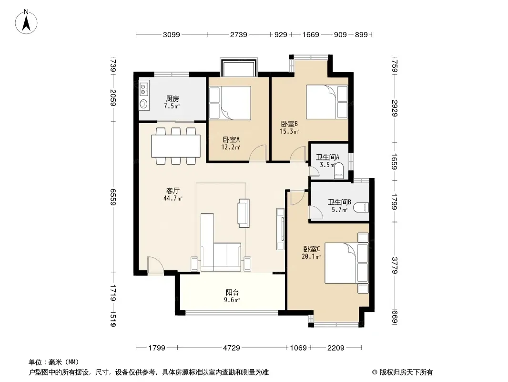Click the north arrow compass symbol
[26, 22]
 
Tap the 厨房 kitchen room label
[173, 98]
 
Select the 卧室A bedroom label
[231, 139]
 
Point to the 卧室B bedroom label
[289, 124]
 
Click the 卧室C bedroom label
[312, 249]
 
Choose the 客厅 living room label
[173, 191]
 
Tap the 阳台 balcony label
[232, 292]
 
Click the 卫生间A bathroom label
[328, 158]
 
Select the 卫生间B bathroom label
[339, 202]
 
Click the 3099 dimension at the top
[172, 34]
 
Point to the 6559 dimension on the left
[113, 197]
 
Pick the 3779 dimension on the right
[395, 265]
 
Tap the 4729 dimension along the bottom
[232, 348]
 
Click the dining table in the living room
[175, 146]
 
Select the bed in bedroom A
[230, 103]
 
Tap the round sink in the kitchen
[143, 104]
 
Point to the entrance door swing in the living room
[155, 266]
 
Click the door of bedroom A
[258, 153]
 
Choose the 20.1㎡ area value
[311, 257]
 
